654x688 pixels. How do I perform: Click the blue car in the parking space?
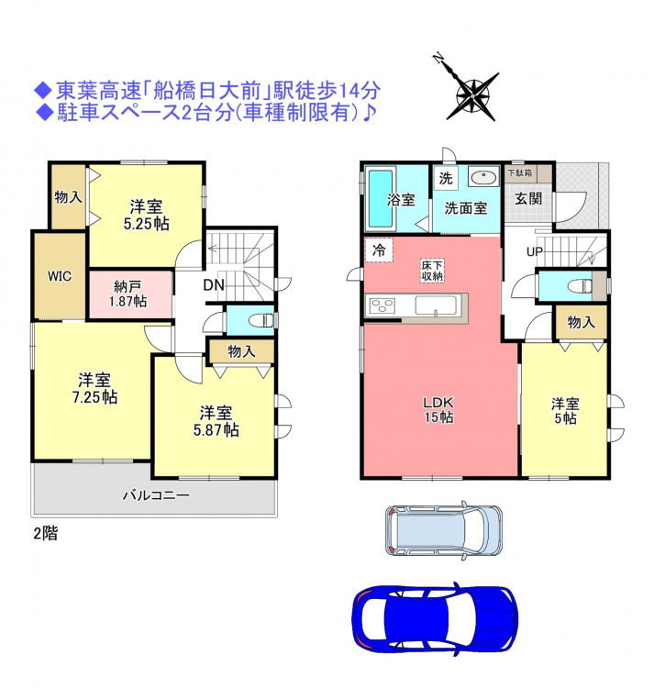tap(435, 618)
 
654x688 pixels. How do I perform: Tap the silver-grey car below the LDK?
tap(444, 530)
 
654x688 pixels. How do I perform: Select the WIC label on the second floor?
tap(60, 276)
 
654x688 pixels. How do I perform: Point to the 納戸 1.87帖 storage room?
tap(130, 294)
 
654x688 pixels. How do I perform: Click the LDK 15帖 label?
tap(438, 409)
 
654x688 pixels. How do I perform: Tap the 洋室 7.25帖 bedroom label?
tap(94, 388)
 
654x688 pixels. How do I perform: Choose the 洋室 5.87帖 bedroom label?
tap(216, 421)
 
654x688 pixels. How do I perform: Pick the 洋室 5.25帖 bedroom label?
tap(146, 215)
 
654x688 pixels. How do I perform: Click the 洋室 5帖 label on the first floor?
tap(565, 411)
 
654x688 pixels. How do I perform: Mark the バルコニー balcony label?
tap(156, 495)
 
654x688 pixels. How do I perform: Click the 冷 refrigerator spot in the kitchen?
tap(379, 250)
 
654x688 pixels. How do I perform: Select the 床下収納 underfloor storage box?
tap(432, 271)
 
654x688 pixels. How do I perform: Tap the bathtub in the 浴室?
tap(381, 198)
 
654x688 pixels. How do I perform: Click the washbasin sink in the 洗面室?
tap(483, 178)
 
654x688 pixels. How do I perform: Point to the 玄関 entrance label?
tap(528, 199)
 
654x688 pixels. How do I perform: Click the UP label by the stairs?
tap(535, 252)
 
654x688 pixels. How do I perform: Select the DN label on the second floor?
tap(214, 285)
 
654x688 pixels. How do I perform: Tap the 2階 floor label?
tap(46, 534)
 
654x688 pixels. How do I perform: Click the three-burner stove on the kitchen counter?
tap(382, 305)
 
